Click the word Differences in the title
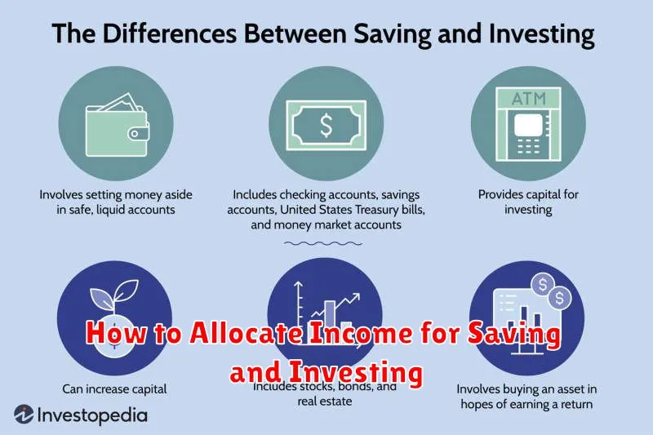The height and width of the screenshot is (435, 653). [170, 33]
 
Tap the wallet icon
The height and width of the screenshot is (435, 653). [117, 125]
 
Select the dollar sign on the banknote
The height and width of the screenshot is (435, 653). [326, 126]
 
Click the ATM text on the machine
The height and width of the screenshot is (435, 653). [528, 99]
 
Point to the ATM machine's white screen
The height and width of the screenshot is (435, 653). [528, 125]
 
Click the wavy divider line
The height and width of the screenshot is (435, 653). [323, 243]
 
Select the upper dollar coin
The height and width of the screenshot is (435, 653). [542, 285]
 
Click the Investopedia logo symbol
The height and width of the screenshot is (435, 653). [24, 414]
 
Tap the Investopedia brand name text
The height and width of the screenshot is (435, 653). [92, 415]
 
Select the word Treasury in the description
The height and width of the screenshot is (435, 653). [375, 210]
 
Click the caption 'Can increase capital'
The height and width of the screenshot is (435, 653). [114, 388]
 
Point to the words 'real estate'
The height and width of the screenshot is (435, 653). [324, 402]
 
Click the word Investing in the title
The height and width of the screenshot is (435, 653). [541, 34]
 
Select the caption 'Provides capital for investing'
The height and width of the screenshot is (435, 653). [528, 202]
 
